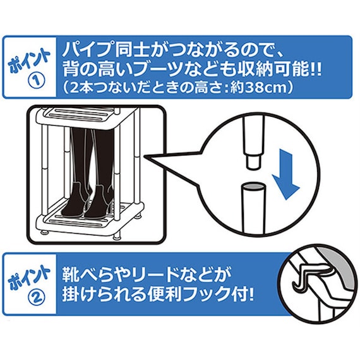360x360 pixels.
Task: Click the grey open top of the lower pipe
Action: (253, 187)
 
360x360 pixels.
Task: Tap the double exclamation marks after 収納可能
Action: (316, 69)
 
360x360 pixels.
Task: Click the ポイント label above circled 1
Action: (30, 59)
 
